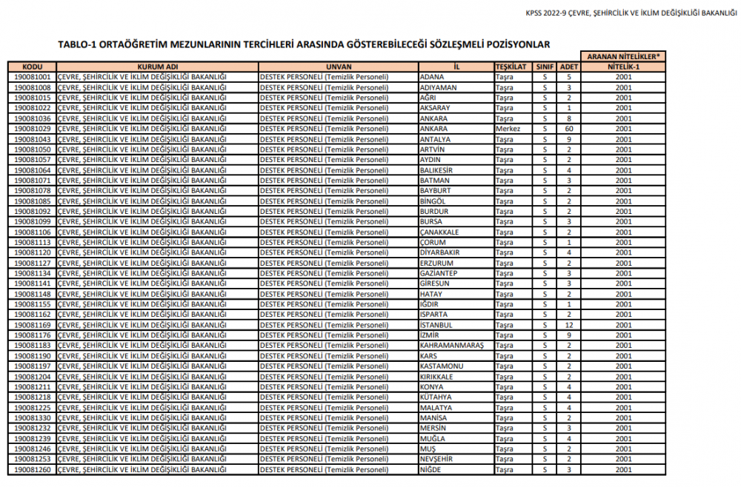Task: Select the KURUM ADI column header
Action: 157,66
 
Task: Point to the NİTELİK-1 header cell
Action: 623,66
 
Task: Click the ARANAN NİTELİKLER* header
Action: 623,56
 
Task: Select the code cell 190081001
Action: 32,76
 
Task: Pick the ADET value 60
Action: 569,128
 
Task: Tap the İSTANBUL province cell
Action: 435,324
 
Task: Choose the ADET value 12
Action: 569,324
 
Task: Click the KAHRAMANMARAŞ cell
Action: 451,345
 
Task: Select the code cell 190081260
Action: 32,469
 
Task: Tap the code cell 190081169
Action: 32,324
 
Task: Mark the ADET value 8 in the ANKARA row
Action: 569,118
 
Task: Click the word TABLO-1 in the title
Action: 78,44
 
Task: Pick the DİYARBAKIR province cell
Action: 440,252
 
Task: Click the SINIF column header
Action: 545,66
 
